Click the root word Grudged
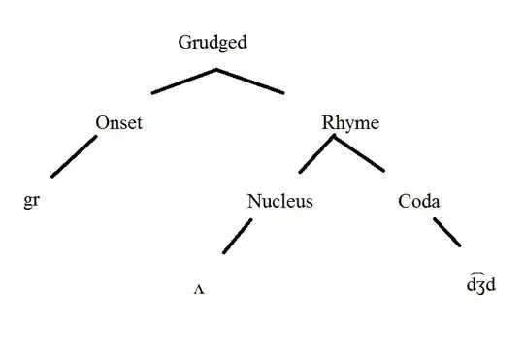pyautogui.click(x=213, y=42)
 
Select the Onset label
pyautogui.click(x=120, y=122)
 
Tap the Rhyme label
pyautogui.click(x=349, y=122)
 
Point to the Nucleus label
pyautogui.click(x=280, y=202)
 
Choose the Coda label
pyautogui.click(x=419, y=202)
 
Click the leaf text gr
pyautogui.click(x=30, y=204)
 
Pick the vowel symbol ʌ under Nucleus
pyautogui.click(x=200, y=290)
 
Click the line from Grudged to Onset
pyautogui.click(x=183, y=82)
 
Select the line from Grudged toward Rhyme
pyautogui.click(x=250, y=82)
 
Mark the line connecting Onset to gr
pyautogui.click(x=74, y=156)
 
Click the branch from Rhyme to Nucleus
pyautogui.click(x=316, y=154)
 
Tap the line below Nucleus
pyautogui.click(x=237, y=236)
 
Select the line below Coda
pyautogui.click(x=446, y=234)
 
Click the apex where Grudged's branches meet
pyautogui.click(x=216, y=70)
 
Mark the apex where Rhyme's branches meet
pyautogui.click(x=334, y=137)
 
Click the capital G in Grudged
pyautogui.click(x=184, y=42)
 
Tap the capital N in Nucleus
pyautogui.click(x=253, y=202)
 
